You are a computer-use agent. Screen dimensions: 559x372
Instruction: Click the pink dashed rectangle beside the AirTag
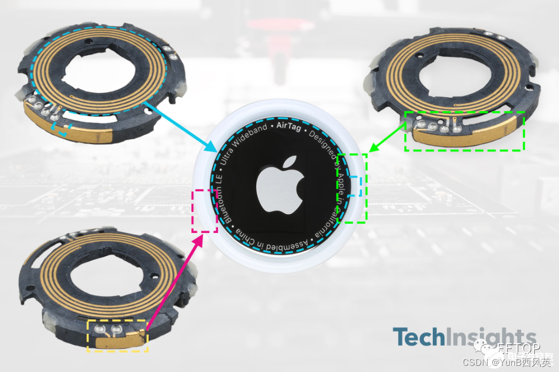pos(204,210)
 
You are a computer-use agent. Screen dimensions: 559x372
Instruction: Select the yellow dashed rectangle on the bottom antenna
pos(117,336)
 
